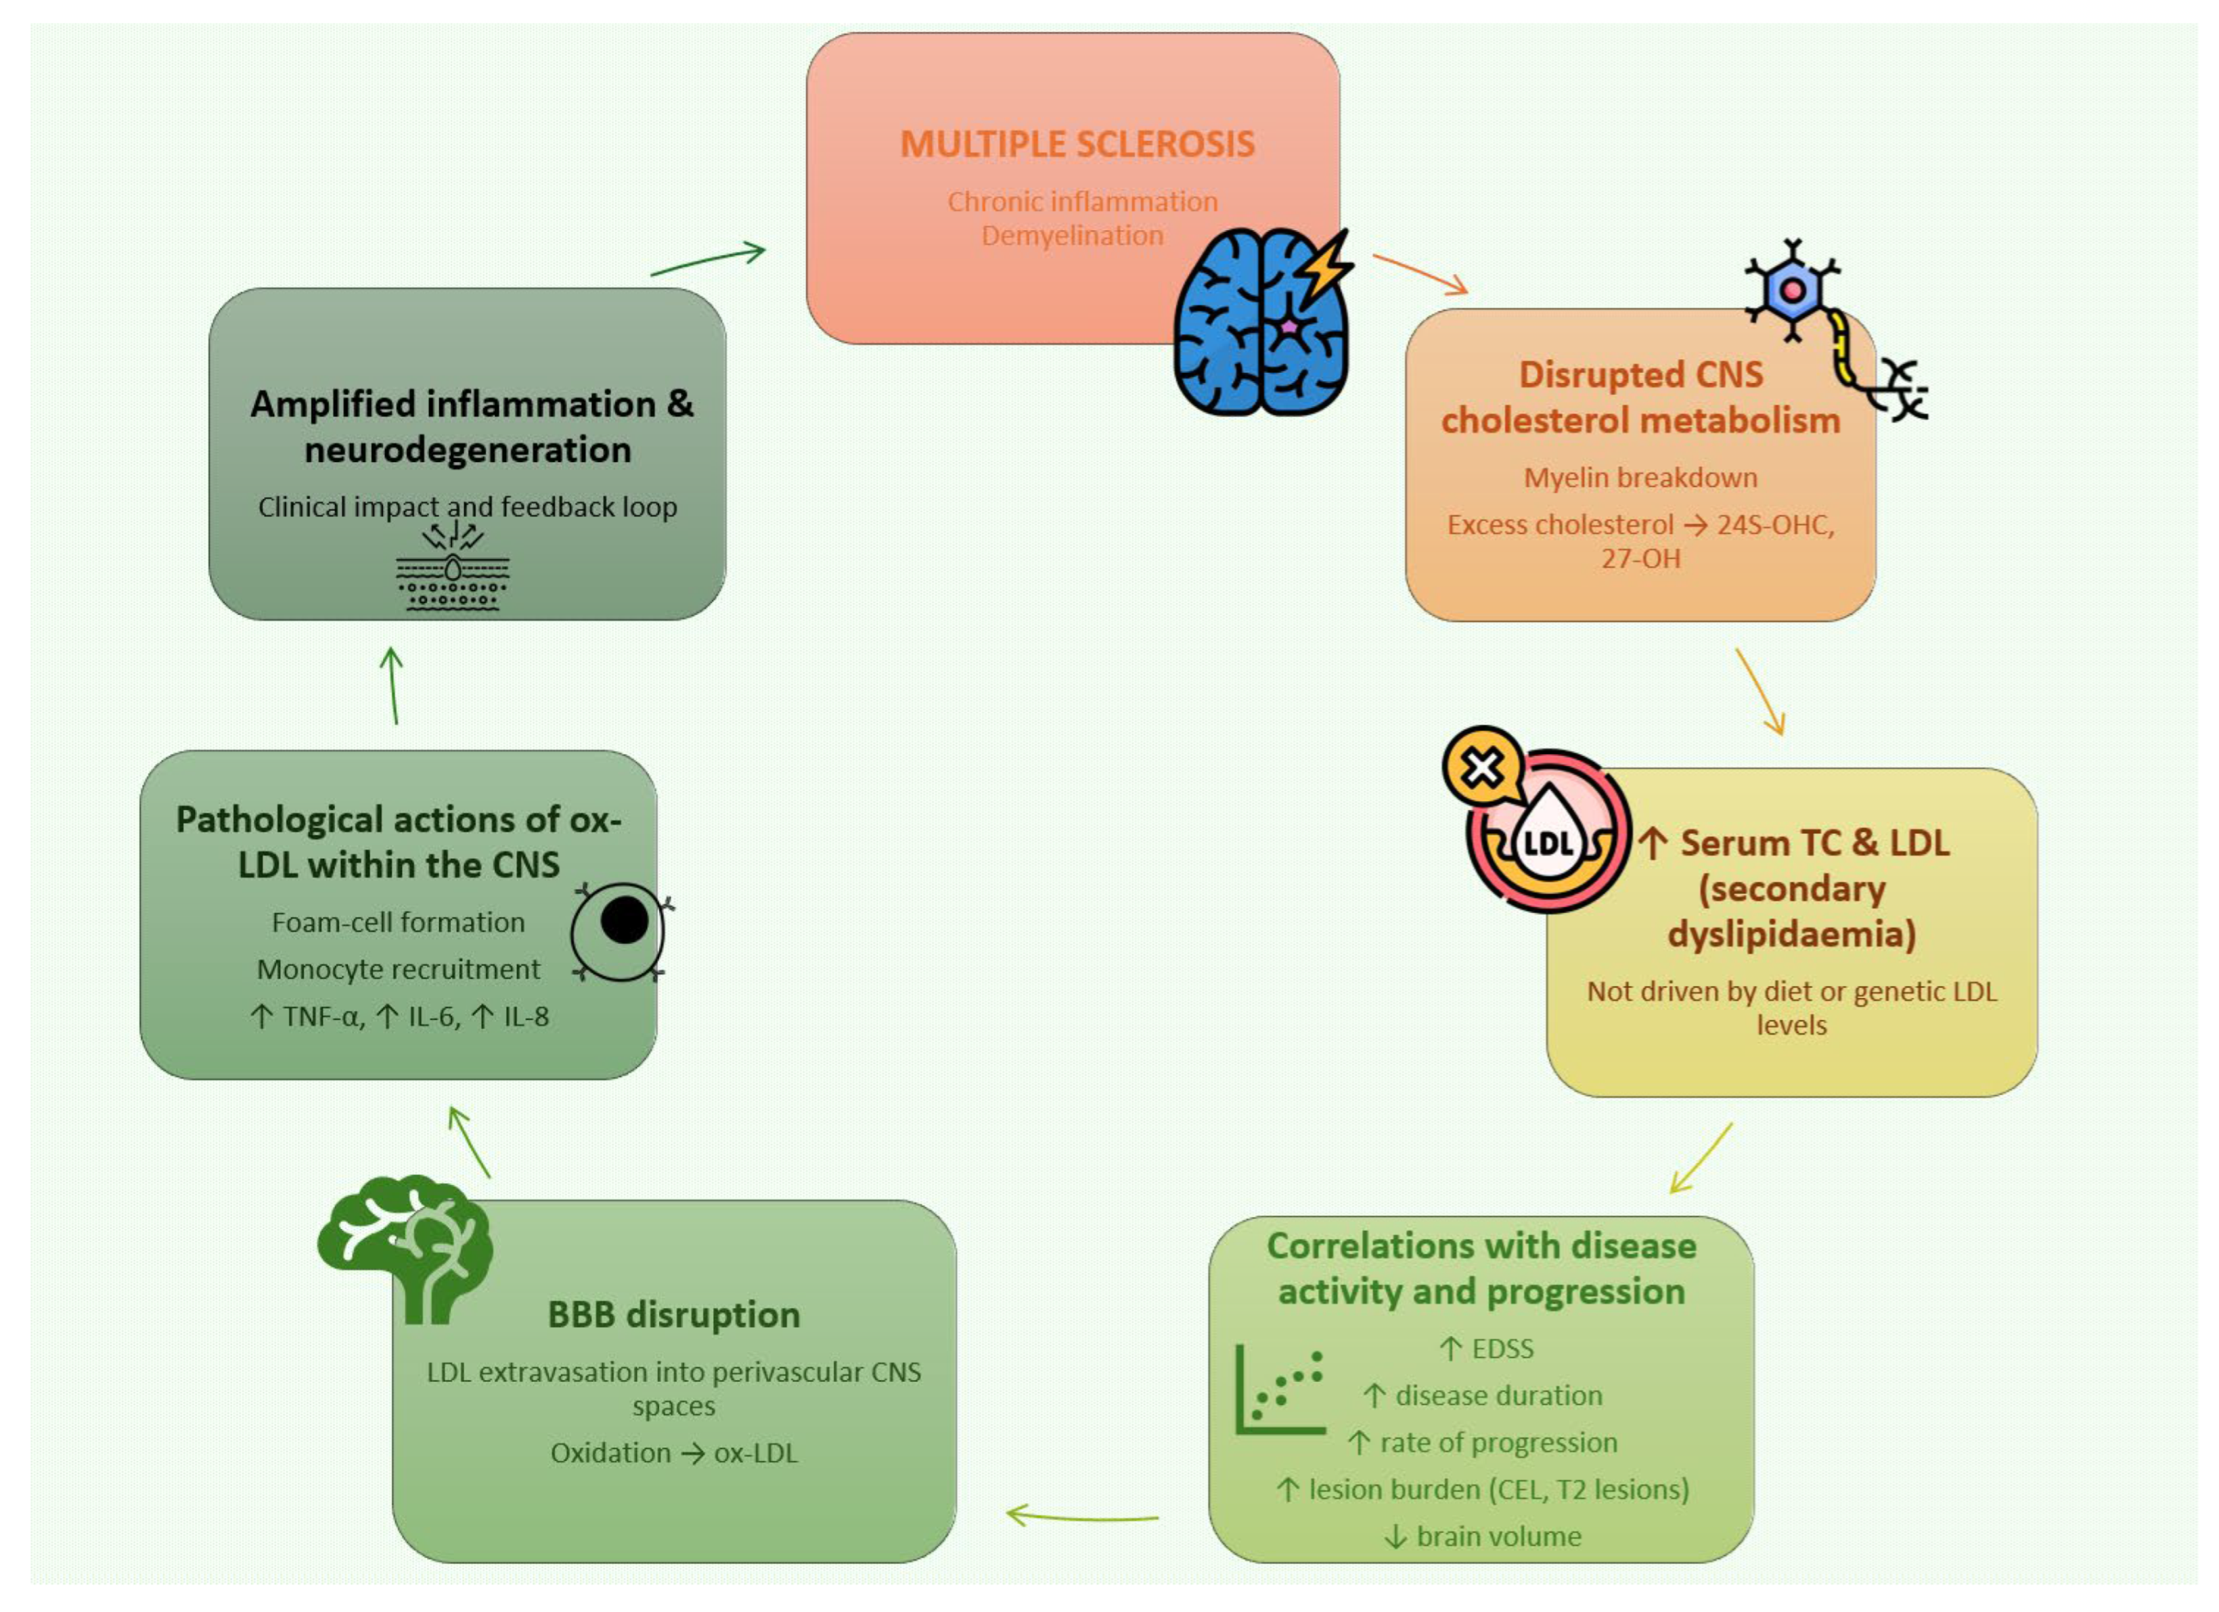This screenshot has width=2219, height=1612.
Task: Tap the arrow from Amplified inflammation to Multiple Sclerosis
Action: pos(707,261)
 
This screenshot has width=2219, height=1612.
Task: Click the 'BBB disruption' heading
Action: pos(673,1315)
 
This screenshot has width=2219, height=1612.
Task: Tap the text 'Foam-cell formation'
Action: pos(398,922)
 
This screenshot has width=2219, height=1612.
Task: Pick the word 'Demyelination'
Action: pos(1073,236)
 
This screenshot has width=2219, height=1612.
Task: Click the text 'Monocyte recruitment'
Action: pos(398,969)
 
